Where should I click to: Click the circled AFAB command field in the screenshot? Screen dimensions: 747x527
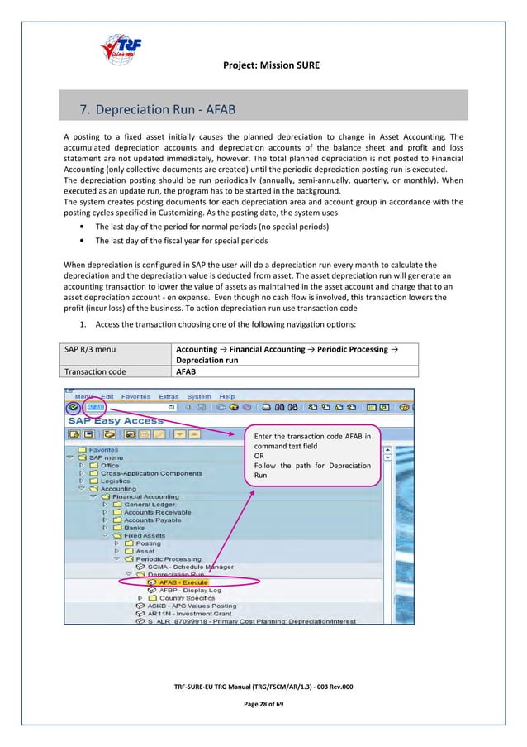96,407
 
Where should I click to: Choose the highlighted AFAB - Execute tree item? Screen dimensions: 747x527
182,582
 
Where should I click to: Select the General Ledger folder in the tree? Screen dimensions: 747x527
149,505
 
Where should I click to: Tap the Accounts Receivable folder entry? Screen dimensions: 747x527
157,512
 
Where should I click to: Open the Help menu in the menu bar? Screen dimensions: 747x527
226,396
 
